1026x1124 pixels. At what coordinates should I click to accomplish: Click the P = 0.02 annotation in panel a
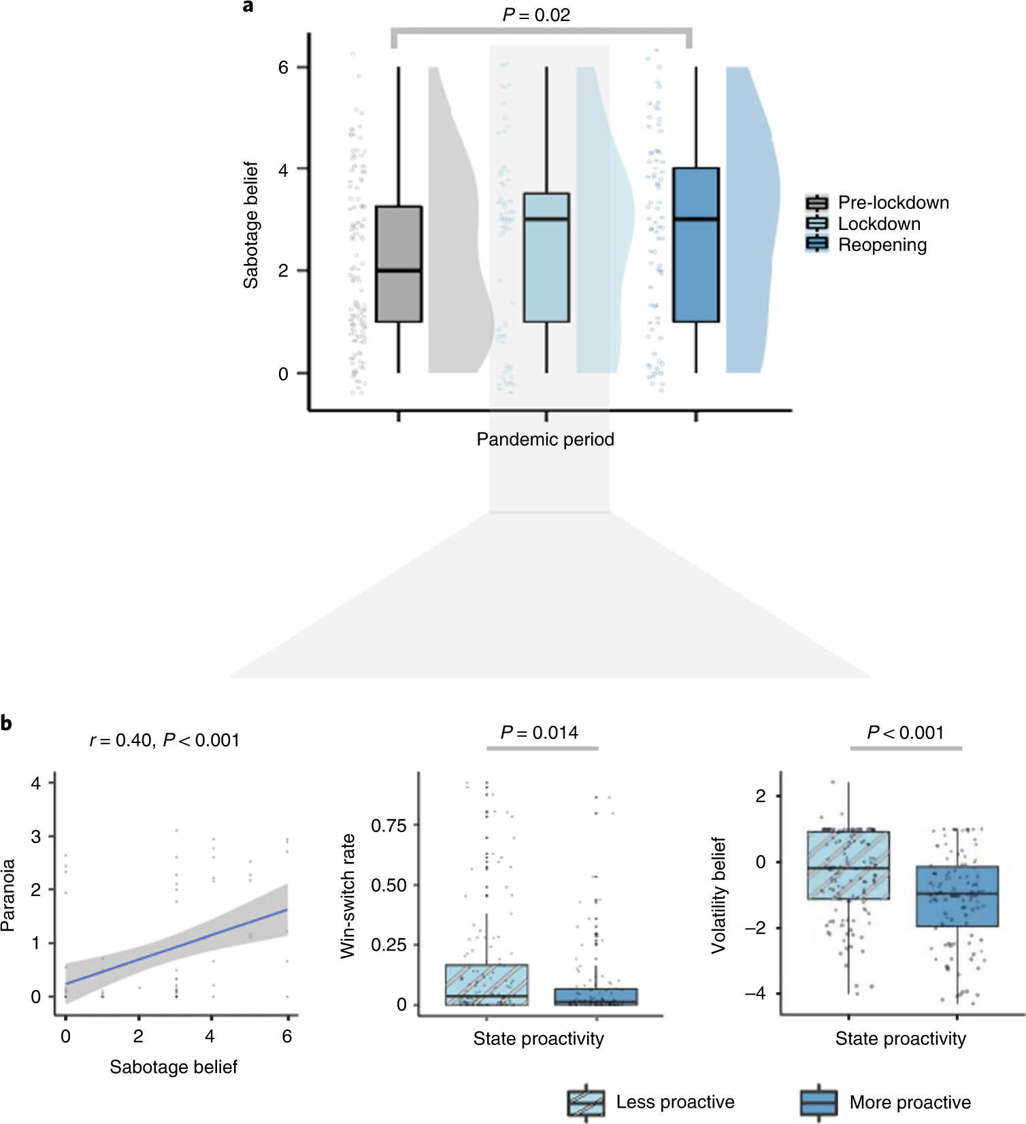click(x=536, y=15)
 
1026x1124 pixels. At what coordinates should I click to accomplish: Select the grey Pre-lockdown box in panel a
click(x=399, y=264)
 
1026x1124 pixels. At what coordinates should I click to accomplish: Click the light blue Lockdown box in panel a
click(x=546, y=257)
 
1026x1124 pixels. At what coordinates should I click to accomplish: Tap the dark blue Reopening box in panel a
click(x=696, y=245)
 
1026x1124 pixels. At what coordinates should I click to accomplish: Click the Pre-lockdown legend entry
click(x=893, y=203)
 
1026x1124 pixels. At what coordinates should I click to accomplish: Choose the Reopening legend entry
click(x=882, y=245)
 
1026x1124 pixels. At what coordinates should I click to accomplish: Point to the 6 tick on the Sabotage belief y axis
click(x=283, y=67)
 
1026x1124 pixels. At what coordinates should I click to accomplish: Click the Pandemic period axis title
click(x=545, y=440)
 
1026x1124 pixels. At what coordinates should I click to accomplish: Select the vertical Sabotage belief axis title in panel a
click(x=251, y=225)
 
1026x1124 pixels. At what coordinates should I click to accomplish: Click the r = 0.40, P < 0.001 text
click(x=165, y=740)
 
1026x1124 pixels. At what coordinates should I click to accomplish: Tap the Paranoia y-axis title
click(x=8, y=895)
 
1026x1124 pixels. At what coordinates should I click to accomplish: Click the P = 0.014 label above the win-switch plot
click(x=540, y=733)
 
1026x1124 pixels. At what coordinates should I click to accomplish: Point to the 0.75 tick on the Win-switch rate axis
click(x=388, y=826)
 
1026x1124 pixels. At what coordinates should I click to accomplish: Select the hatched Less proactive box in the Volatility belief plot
click(x=848, y=865)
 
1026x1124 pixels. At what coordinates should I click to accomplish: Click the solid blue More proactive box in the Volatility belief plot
click(x=957, y=897)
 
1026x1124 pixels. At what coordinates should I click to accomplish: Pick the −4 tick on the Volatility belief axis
click(x=755, y=993)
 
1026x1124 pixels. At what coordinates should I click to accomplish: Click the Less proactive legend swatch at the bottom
click(x=586, y=1102)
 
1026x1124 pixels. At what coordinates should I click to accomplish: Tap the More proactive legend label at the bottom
click(x=910, y=1102)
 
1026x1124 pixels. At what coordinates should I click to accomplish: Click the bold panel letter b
click(x=6, y=723)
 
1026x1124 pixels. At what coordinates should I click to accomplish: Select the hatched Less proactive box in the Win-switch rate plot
click(x=486, y=985)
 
